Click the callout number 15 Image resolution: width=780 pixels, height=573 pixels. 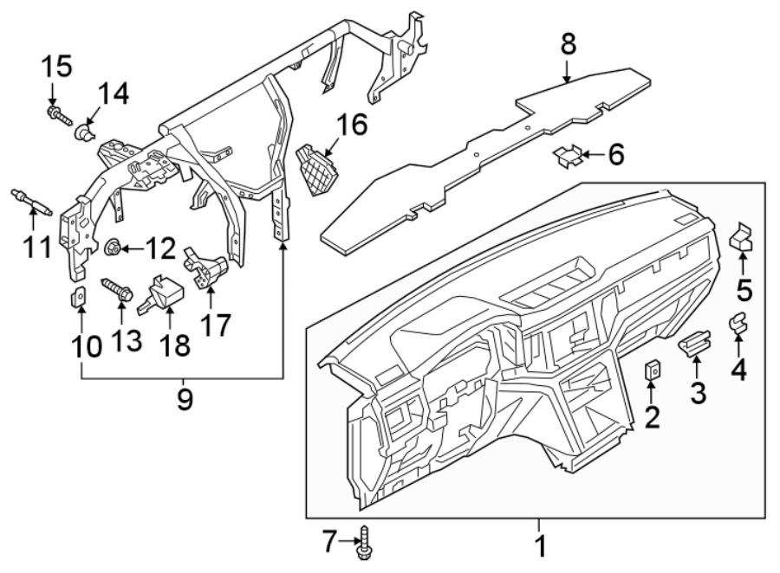tap(58, 66)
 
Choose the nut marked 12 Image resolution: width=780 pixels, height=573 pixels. tap(112, 249)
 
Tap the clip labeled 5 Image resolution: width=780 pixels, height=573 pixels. tap(743, 239)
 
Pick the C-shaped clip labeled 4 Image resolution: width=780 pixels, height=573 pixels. tap(738, 322)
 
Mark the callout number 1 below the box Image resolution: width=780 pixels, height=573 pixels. tap(539, 547)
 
